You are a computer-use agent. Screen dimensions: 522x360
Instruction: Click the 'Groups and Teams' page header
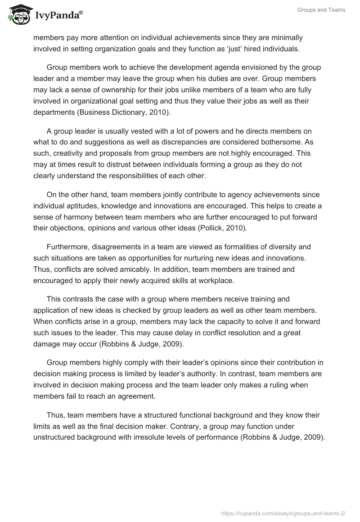(321, 10)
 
